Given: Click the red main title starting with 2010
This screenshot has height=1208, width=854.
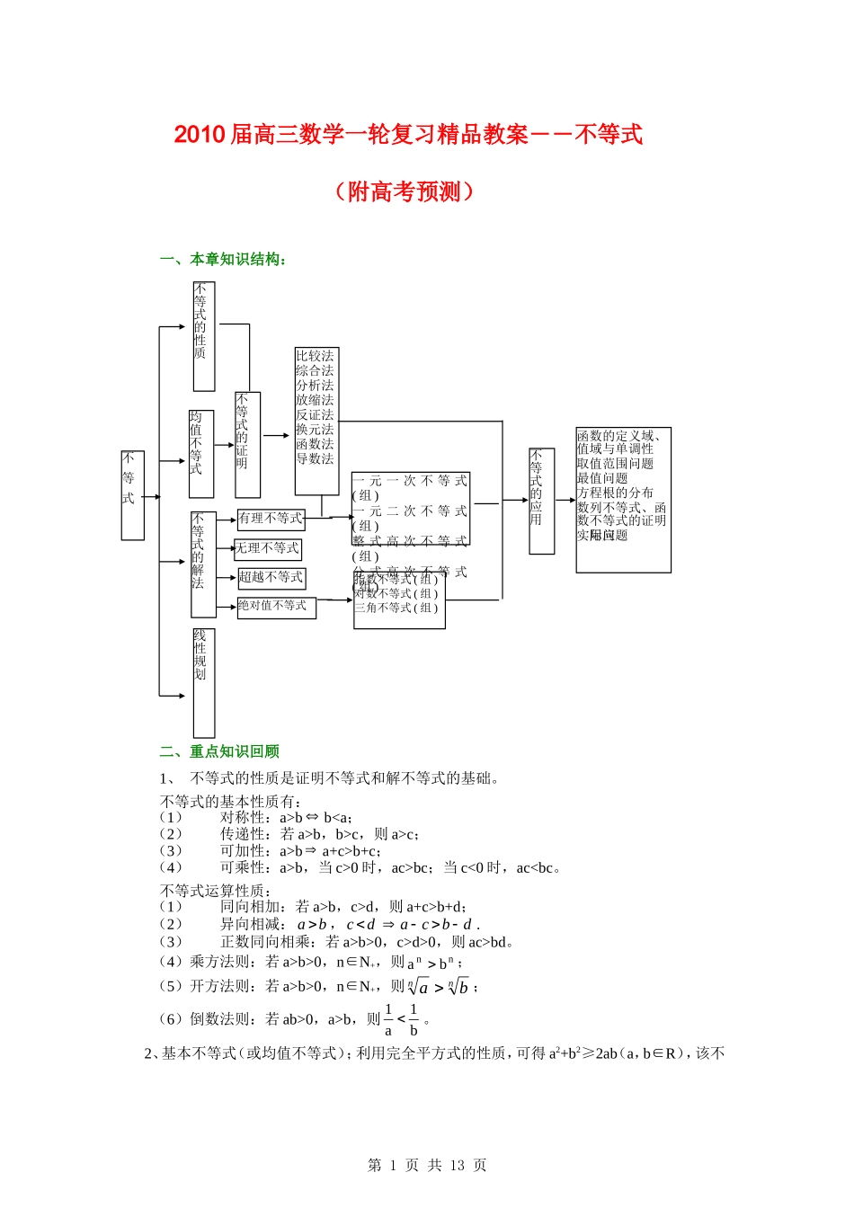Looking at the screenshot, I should click(408, 135).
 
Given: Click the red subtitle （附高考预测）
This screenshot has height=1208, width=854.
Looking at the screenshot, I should click(404, 191).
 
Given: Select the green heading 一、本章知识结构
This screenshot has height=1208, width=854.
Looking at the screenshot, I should click(224, 260).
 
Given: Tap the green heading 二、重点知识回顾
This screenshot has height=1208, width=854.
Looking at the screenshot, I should click(220, 751).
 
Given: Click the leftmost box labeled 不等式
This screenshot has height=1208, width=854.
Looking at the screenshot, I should click(132, 495).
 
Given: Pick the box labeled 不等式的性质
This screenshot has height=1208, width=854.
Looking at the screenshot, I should click(203, 336).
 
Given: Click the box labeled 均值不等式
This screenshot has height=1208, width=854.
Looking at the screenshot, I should click(200, 454).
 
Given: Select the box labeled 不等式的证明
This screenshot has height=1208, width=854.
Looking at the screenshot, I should click(247, 445).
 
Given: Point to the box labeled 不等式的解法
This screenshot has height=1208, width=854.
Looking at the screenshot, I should click(203, 564).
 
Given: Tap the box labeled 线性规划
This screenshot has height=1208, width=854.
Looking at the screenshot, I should click(204, 682).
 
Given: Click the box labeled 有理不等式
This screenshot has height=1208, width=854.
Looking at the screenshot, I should click(271, 519).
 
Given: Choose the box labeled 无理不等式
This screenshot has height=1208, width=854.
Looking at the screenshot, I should click(268, 548).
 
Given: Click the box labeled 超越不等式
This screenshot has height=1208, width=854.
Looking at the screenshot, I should click(271, 578).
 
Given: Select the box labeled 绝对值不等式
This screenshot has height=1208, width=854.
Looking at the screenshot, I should click(276, 607).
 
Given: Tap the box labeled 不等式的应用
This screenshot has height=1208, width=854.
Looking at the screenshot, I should click(541, 501).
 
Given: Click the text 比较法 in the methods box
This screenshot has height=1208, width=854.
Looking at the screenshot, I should click(315, 357).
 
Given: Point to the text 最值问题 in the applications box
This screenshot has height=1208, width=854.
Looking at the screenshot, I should click(602, 478).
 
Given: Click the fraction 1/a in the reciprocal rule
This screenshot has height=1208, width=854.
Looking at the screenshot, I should click(388, 1020).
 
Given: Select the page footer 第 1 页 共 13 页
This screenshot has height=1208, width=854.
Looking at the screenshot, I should click(427, 1165).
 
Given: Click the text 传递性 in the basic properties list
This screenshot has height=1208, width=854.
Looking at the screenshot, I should click(244, 834).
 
